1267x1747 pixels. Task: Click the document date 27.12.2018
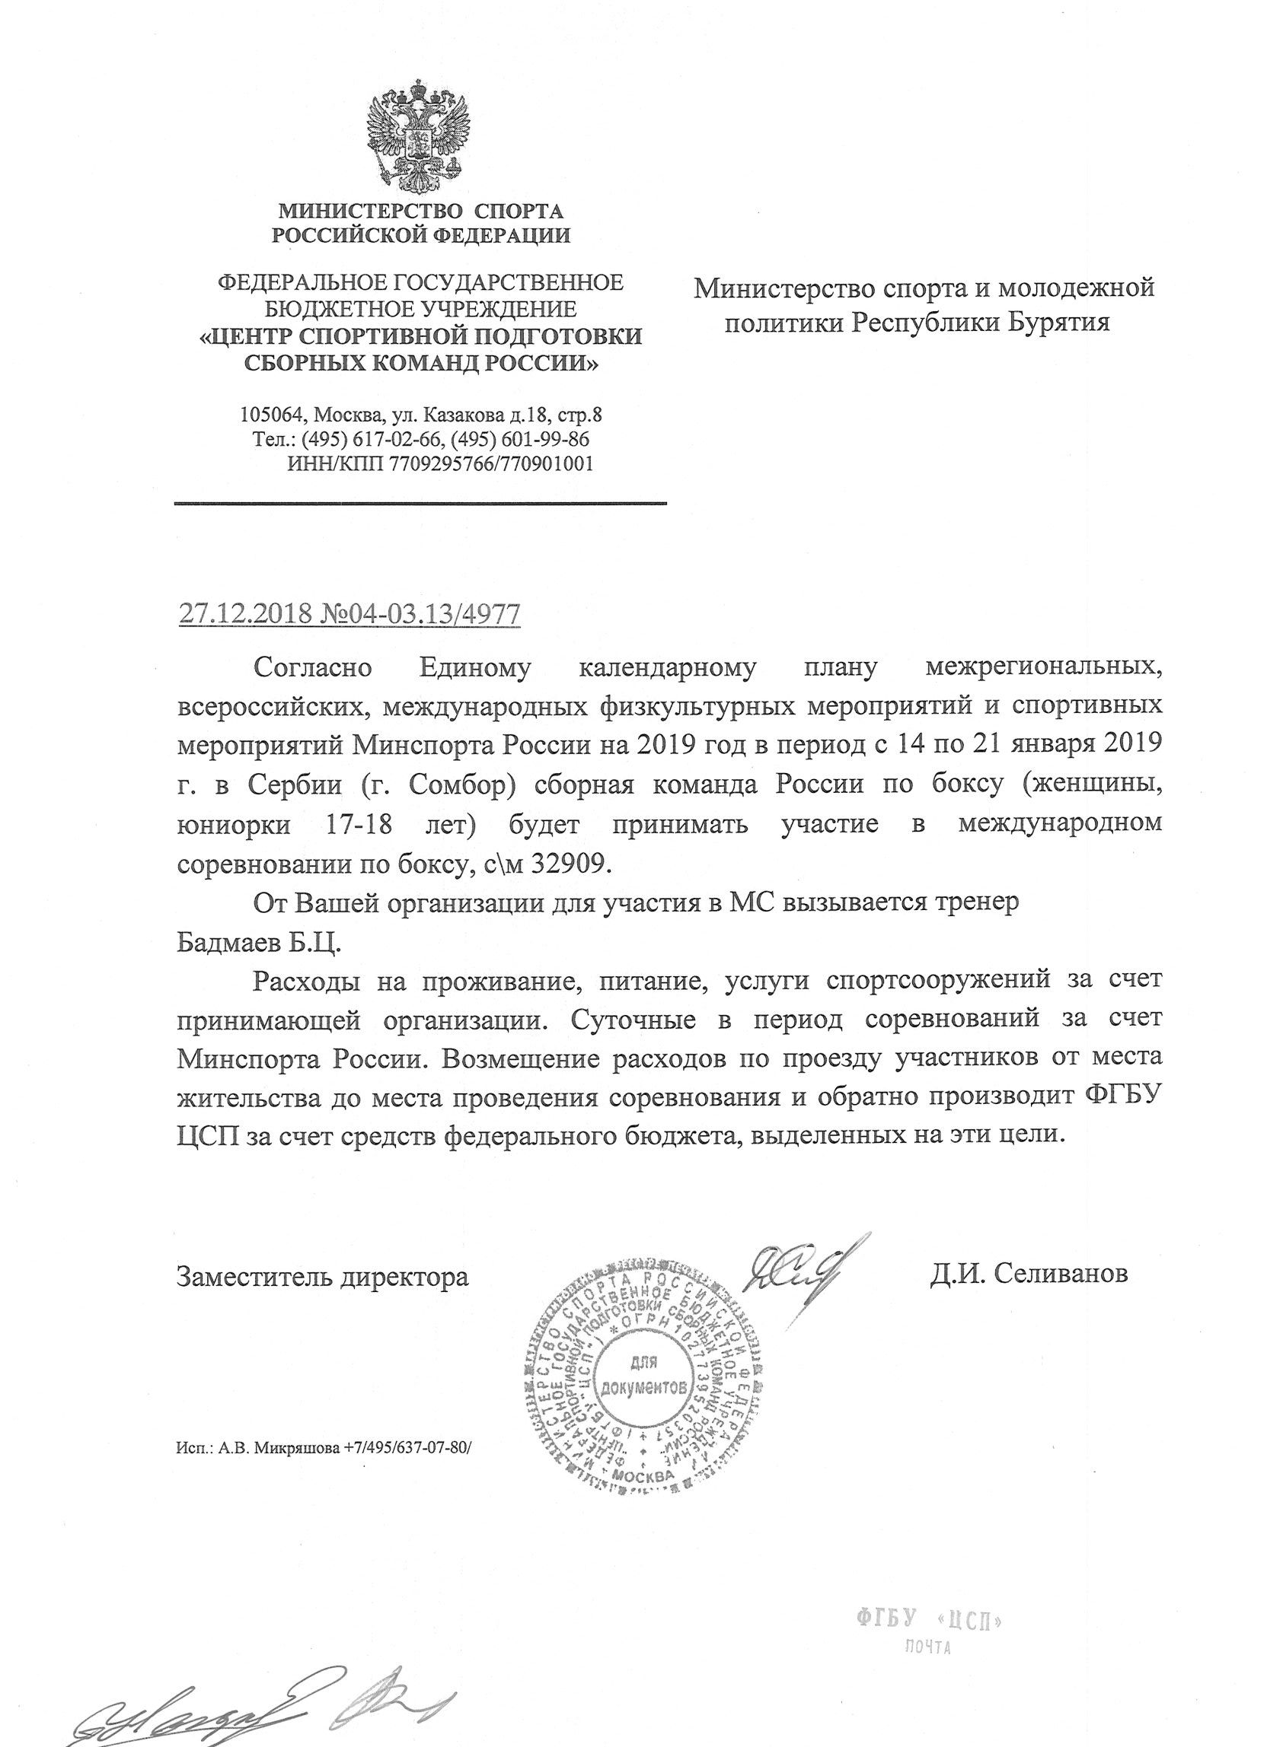pyautogui.click(x=245, y=615)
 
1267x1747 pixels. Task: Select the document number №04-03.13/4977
pyautogui.click(x=416, y=615)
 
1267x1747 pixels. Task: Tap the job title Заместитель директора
pyautogui.click(x=322, y=1275)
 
